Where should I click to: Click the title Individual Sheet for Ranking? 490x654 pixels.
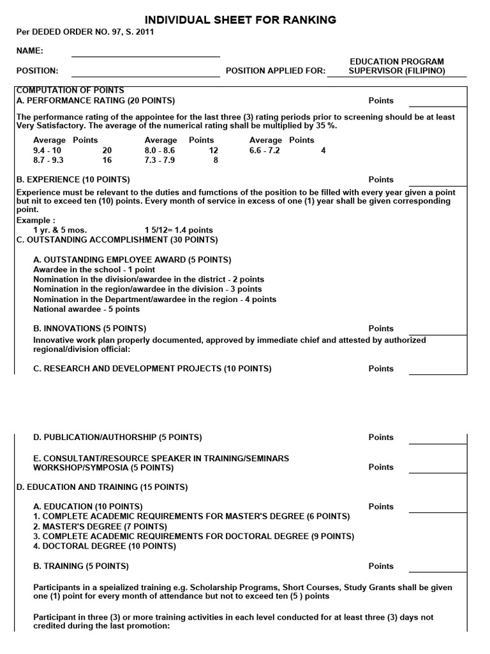[x=241, y=20]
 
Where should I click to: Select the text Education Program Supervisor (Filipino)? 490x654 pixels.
[x=396, y=66]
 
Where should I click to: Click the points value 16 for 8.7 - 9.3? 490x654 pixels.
[x=107, y=160]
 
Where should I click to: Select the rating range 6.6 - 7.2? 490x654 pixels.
[x=264, y=150]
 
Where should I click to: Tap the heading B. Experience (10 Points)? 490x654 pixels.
[x=73, y=179]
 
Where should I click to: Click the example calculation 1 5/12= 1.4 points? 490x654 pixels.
[x=179, y=230]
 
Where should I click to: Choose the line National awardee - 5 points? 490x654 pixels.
[x=86, y=309]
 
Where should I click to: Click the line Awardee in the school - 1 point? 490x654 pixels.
[x=94, y=270]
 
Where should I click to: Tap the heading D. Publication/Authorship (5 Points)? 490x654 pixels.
[x=117, y=437]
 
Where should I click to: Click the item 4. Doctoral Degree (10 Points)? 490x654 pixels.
[x=105, y=546]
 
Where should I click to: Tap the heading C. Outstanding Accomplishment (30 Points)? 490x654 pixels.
[x=117, y=240]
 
